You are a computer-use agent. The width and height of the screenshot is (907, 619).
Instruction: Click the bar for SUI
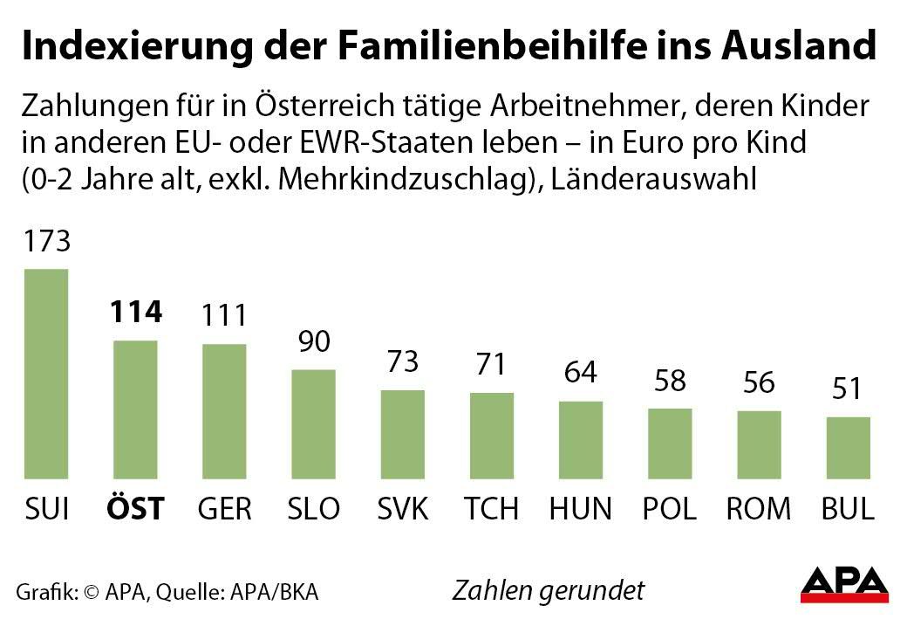(x=45, y=375)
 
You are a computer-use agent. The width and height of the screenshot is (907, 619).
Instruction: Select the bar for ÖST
(x=135, y=409)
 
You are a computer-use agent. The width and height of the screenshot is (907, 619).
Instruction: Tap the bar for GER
(x=224, y=411)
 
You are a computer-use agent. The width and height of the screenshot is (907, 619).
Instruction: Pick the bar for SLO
(x=313, y=424)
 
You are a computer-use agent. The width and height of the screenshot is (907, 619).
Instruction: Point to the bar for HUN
(x=580, y=440)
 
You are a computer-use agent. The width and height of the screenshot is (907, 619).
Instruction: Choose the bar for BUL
(x=848, y=448)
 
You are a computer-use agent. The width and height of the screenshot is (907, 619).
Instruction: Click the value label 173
(x=46, y=240)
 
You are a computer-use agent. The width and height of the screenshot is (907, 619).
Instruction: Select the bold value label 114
(x=135, y=312)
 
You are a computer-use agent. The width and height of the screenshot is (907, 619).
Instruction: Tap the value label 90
(x=314, y=341)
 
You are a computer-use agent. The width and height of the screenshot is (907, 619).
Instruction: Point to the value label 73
(x=402, y=361)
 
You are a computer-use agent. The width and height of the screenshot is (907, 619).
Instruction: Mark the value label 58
(x=669, y=381)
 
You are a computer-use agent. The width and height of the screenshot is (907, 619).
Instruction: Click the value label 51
(x=848, y=389)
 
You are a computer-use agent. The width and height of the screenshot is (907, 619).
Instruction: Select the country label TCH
(x=491, y=508)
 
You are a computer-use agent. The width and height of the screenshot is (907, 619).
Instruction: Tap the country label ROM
(x=758, y=508)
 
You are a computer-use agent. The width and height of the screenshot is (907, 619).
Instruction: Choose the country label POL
(x=669, y=508)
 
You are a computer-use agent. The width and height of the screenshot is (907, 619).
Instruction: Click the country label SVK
(x=402, y=508)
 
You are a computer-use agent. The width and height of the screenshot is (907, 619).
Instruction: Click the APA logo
(x=844, y=584)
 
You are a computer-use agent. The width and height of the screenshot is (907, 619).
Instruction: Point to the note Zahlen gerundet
(x=548, y=590)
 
